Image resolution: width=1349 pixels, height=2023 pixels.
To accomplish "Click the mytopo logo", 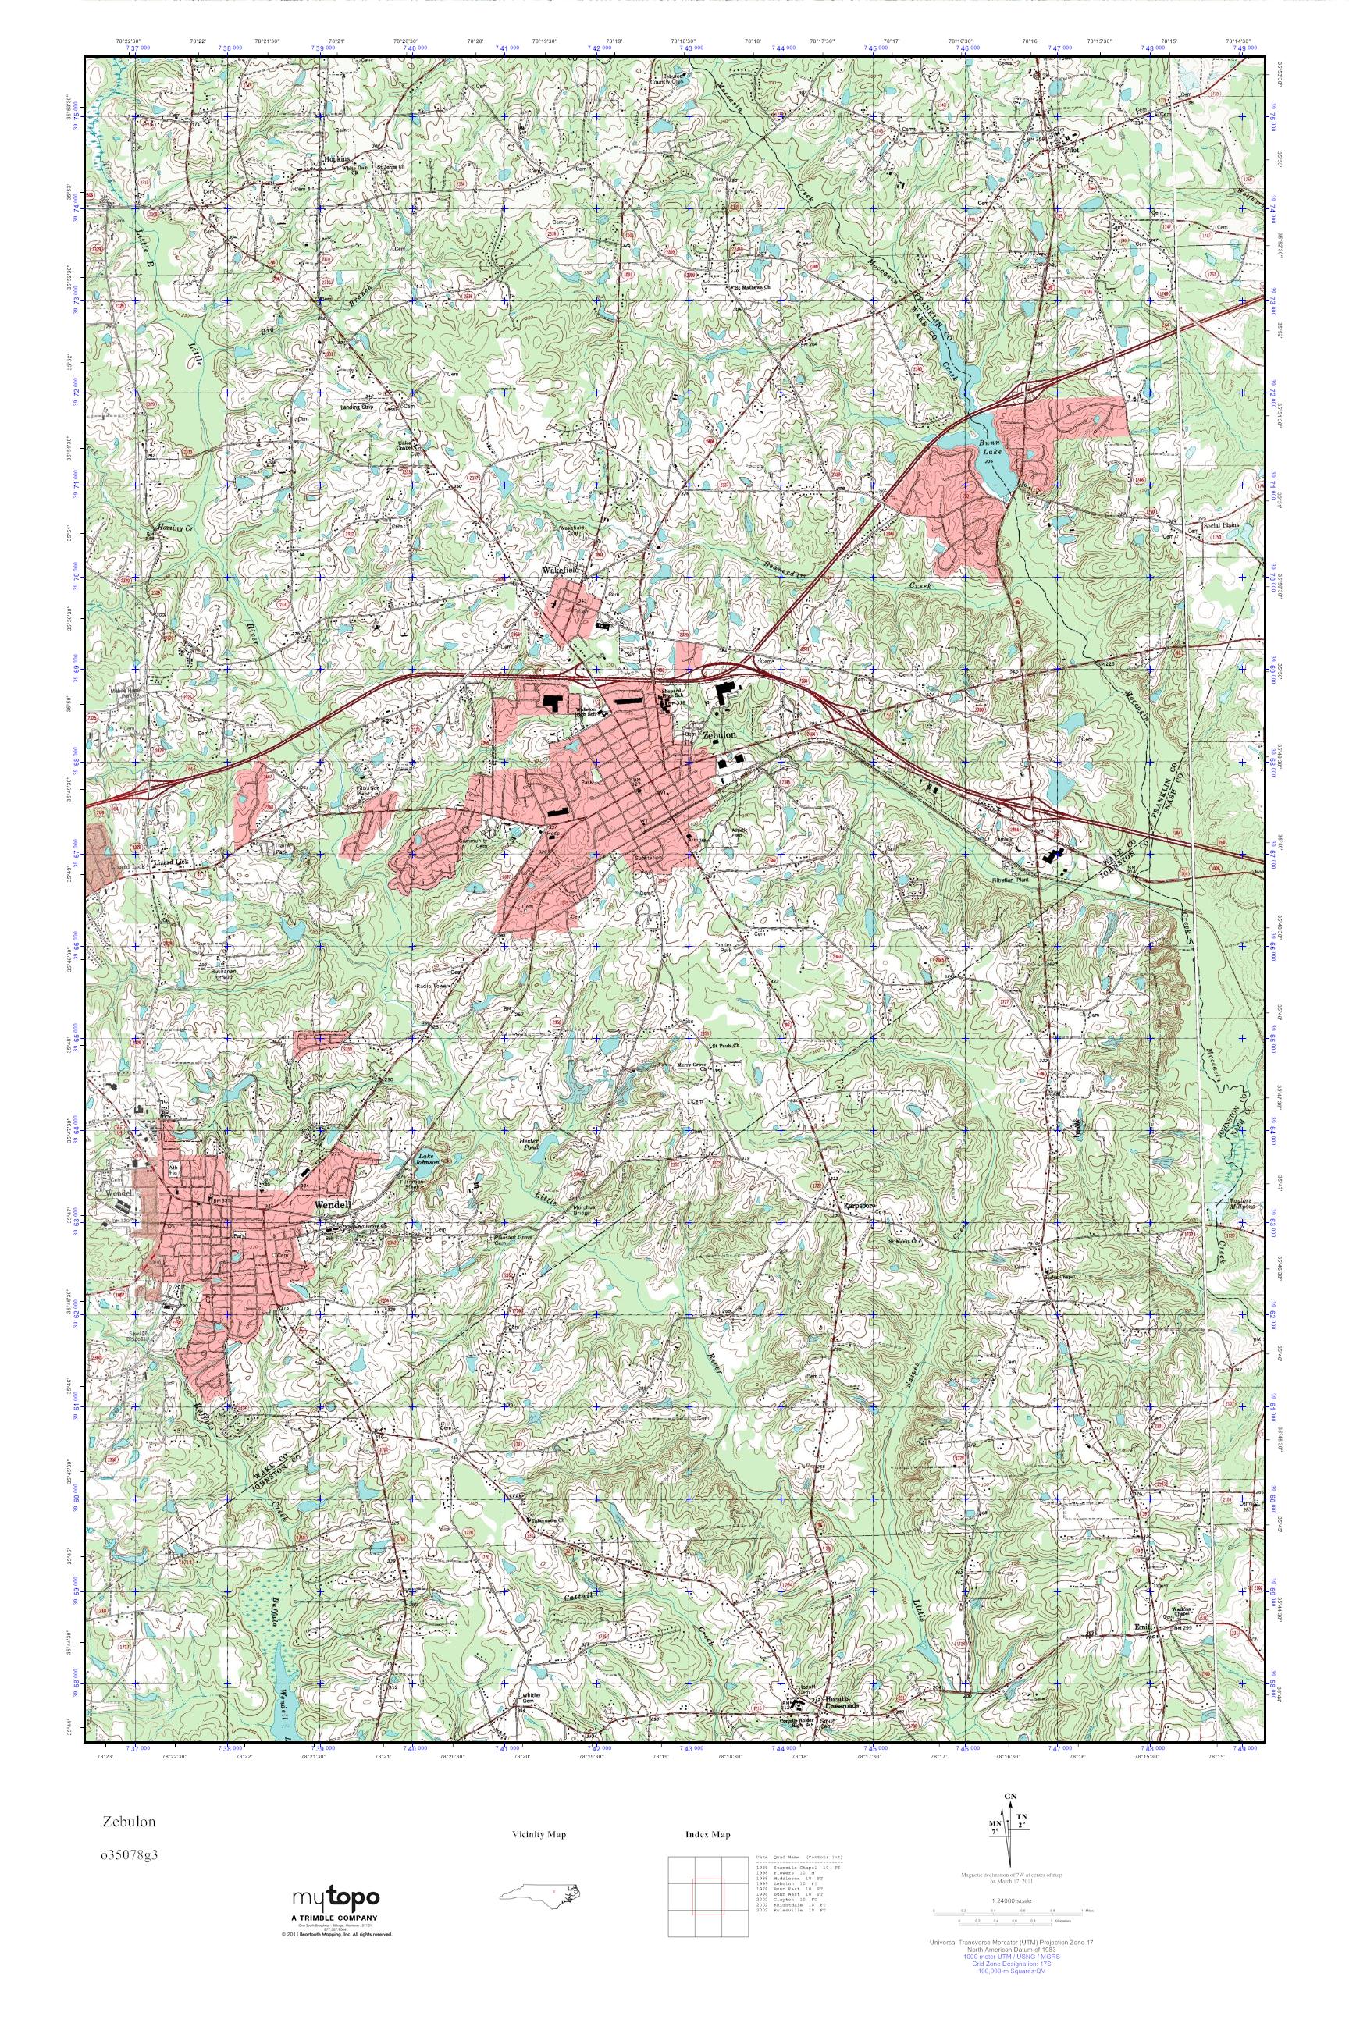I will pos(336,1897).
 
